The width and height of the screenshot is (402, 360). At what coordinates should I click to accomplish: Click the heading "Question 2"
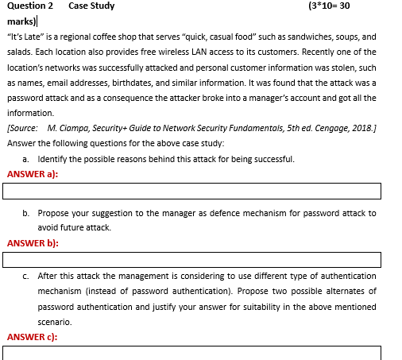click(34, 6)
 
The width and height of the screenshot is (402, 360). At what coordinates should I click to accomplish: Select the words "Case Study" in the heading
click(91, 6)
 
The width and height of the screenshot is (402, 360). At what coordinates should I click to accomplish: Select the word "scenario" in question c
click(56, 322)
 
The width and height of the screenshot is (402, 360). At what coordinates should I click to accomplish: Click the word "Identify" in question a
click(52, 159)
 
